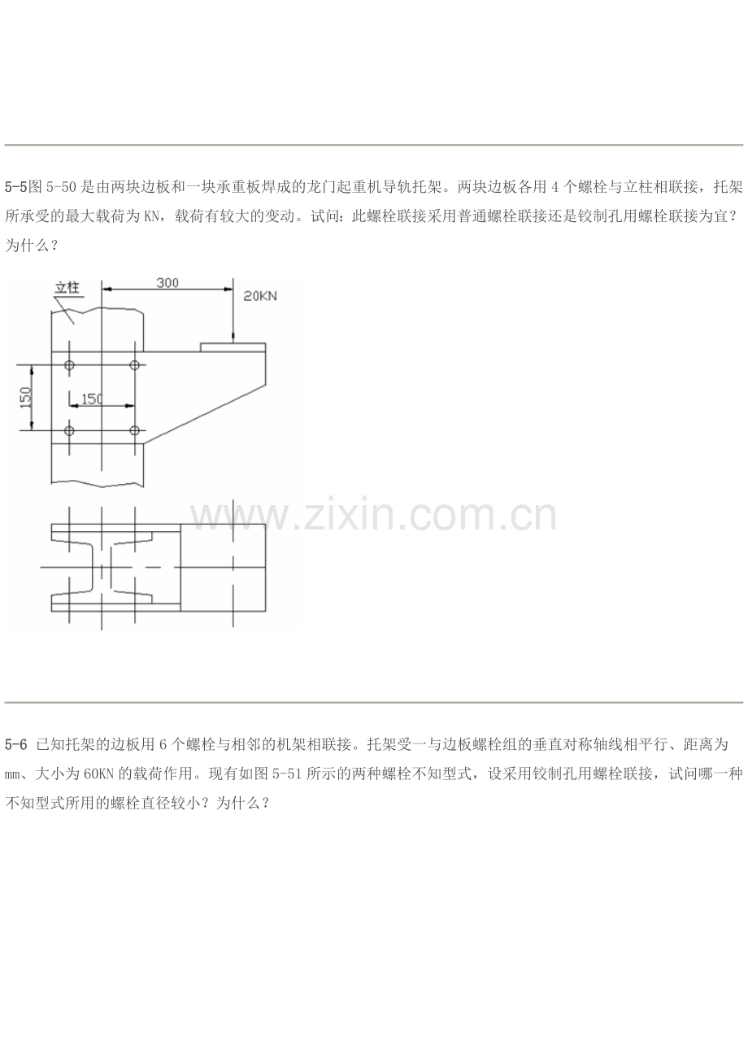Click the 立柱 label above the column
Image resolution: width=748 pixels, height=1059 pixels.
click(67, 288)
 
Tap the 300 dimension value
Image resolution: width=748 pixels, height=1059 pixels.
click(167, 283)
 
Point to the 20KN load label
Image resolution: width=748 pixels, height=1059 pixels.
click(260, 296)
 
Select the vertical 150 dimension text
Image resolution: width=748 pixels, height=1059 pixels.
click(26, 398)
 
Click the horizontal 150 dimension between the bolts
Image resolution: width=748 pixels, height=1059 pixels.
click(92, 399)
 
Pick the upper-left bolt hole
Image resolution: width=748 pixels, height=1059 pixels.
click(69, 365)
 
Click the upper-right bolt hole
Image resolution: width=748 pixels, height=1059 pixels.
click(135, 365)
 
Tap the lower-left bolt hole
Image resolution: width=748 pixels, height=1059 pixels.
click(69, 431)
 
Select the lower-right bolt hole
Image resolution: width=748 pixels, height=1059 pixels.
click(135, 431)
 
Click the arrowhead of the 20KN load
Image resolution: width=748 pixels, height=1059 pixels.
click(233, 338)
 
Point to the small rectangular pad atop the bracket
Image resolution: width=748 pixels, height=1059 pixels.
click(233, 347)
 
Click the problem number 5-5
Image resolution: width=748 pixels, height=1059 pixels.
click(15, 187)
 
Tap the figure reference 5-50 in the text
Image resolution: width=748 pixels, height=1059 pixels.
click(61, 187)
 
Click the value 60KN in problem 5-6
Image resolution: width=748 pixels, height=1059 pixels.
click(98, 774)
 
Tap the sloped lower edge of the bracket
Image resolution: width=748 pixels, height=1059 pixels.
click(205, 414)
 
